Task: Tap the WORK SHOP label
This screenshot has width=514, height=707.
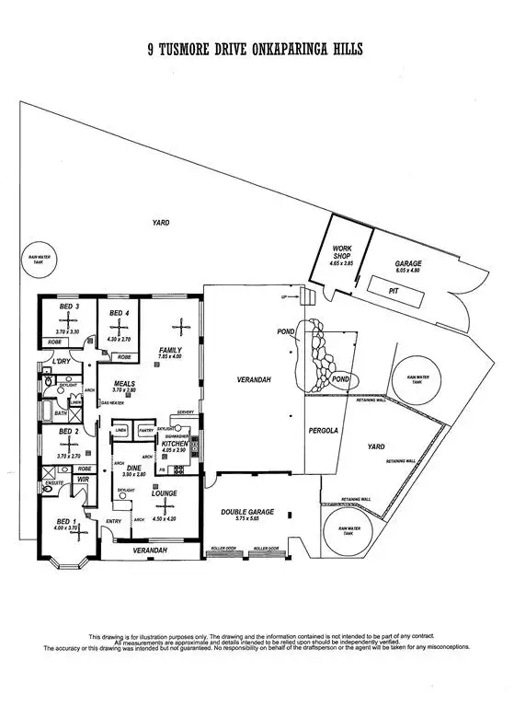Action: click(x=342, y=253)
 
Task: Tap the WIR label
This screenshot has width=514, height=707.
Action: click(x=82, y=480)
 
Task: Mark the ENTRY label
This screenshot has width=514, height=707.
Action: click(x=113, y=521)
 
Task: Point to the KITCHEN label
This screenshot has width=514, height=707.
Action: click(x=175, y=444)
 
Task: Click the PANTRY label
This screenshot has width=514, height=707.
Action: click(x=145, y=430)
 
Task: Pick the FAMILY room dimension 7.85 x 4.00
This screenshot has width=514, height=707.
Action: click(x=171, y=357)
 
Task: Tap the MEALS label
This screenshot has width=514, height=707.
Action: click(x=124, y=383)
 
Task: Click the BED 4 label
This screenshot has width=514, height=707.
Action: click(x=118, y=314)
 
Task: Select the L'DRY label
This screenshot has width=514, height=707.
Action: click(x=62, y=361)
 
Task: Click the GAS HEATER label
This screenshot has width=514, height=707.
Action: click(x=112, y=403)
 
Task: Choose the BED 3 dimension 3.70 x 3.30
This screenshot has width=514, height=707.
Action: click(x=68, y=331)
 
